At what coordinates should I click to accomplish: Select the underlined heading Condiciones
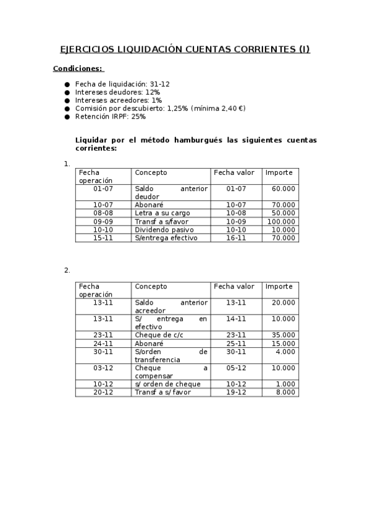point(77,69)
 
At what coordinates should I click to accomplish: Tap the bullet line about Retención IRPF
point(110,116)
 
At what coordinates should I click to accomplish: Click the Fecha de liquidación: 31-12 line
point(122,83)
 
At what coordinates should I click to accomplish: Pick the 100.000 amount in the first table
point(281,221)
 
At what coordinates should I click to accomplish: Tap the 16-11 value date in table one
point(236,237)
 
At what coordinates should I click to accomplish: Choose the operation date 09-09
point(103,221)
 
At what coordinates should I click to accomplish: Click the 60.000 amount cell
point(283,188)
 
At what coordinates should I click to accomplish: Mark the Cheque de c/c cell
point(159,335)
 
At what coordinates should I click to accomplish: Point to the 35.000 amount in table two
point(283,335)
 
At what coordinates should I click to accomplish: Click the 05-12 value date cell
point(236,368)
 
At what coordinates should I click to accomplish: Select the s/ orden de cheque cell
point(167,384)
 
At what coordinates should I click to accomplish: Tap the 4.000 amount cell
point(285,352)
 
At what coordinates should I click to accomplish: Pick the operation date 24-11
point(103,343)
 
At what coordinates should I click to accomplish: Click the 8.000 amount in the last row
point(285,392)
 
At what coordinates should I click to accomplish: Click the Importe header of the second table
point(279,286)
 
